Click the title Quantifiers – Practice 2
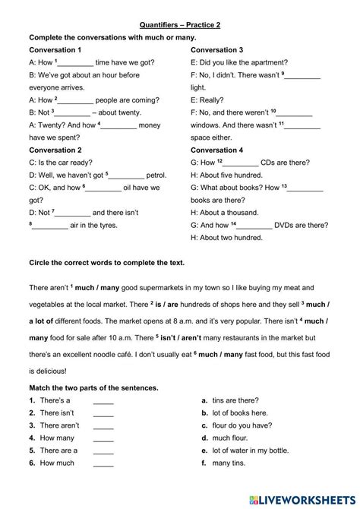tap(180, 24)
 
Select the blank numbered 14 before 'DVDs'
tap(255, 225)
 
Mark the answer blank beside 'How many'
tap(103, 438)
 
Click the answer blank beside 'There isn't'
tap(103, 413)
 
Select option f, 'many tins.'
tap(231, 463)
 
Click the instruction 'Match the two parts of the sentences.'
tap(93, 387)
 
